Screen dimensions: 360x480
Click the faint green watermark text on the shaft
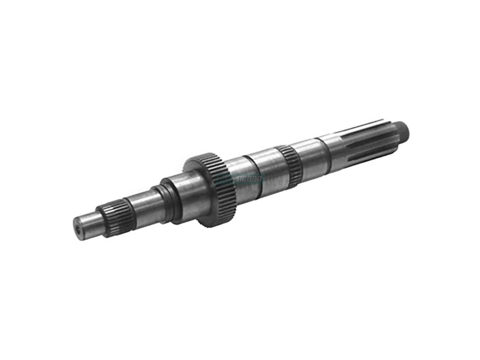point(240,179)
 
